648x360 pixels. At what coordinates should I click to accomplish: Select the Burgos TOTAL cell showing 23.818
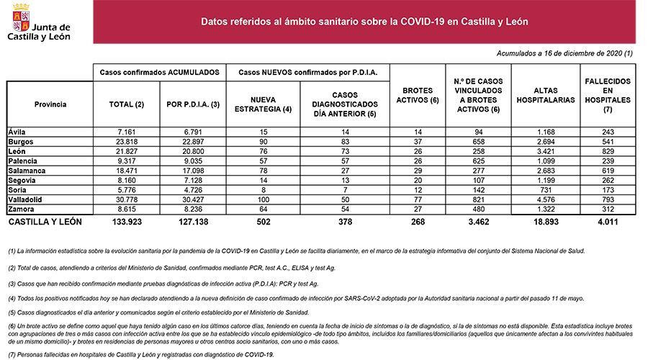tap(126, 142)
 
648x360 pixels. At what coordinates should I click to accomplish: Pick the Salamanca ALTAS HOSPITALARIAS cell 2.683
tap(548, 170)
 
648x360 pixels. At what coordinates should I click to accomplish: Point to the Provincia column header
tap(50, 104)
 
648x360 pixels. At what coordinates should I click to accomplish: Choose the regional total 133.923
tap(126, 222)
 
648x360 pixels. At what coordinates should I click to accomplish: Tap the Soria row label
tap(18, 189)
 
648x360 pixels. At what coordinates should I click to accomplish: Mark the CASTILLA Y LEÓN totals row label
tap(45, 222)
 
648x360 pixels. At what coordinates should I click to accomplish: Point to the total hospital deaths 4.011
tap(608, 222)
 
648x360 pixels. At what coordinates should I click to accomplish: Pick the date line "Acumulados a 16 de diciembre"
tap(565, 54)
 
